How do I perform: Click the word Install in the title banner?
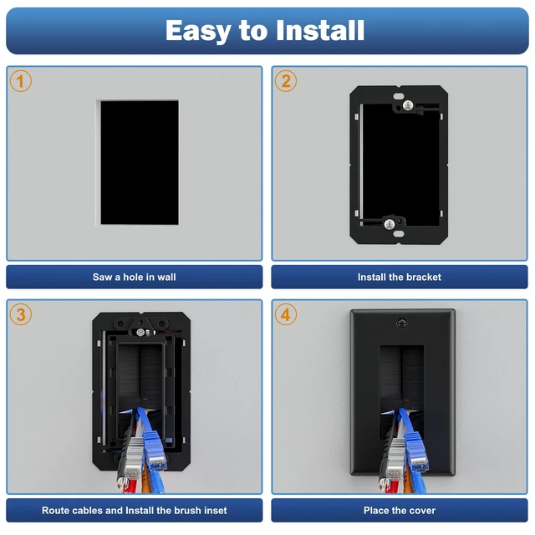[320, 30]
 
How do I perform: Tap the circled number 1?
[20, 81]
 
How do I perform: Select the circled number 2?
[286, 81]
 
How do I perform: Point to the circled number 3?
[20, 314]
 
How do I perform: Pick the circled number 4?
[286, 314]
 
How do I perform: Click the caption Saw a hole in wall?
[134, 277]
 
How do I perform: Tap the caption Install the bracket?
[400, 277]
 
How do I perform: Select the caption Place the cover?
[400, 511]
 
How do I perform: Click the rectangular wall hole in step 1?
[140, 162]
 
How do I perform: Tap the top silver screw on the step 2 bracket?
[408, 105]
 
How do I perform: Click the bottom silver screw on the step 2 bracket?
[390, 224]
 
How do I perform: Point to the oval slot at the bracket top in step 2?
[399, 96]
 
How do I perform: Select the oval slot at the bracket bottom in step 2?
[399, 234]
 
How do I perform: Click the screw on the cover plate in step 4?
[402, 323]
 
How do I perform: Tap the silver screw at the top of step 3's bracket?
[140, 333]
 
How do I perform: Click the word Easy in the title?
[198, 31]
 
